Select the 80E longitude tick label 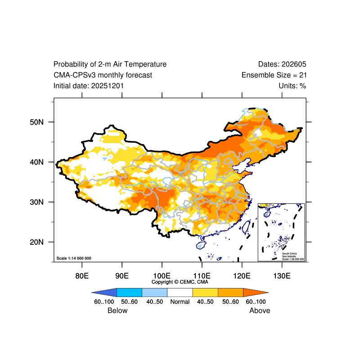point(81,275)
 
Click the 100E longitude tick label point(162,275)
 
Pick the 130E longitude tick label point(282,275)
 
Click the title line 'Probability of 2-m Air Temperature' point(110,64)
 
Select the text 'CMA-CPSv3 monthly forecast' point(103,75)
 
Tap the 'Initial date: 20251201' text point(89,85)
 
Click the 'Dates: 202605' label point(282,64)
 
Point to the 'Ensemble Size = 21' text point(274,75)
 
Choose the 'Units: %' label point(292,85)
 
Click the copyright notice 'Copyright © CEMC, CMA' point(180,282)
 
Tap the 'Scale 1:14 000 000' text point(74,258)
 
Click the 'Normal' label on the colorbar point(180,301)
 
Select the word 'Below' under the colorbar point(117,310)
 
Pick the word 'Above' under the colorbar point(260,310)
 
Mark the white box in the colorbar point(180,292)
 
